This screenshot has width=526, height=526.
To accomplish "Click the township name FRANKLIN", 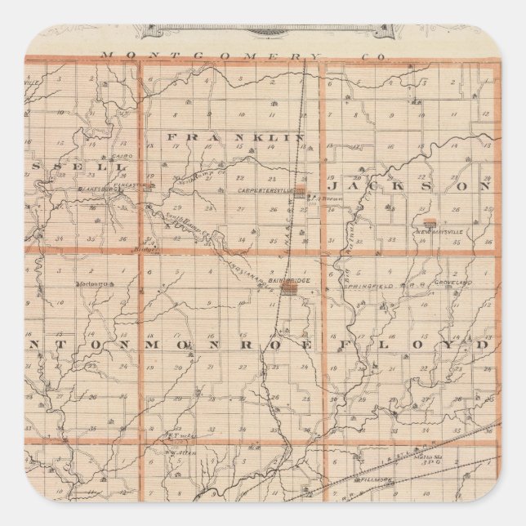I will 237,136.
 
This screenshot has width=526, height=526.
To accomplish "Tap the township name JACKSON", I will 417,185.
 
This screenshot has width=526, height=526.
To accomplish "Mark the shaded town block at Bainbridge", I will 300,289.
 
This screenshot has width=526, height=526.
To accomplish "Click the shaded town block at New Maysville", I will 430,221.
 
